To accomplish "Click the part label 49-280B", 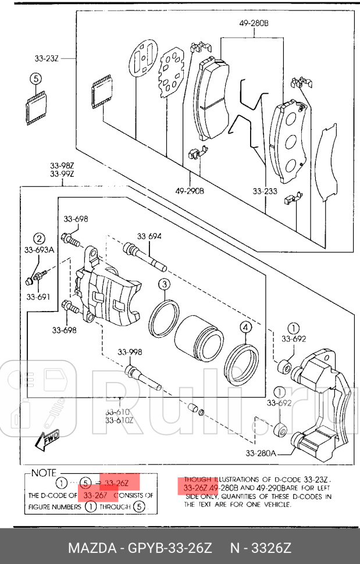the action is pyautogui.click(x=254, y=24).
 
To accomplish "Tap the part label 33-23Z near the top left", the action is pyautogui.click(x=47, y=58).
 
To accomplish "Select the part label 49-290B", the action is pyautogui.click(x=190, y=191).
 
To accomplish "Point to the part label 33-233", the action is pyautogui.click(x=265, y=191).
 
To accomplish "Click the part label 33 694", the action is pyautogui.click(x=149, y=236).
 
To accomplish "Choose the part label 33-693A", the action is pyautogui.click(x=39, y=249).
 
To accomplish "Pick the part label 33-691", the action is pyautogui.click(x=38, y=297).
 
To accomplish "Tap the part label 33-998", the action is pyautogui.click(x=130, y=352).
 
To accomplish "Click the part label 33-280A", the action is pyautogui.click(x=261, y=453).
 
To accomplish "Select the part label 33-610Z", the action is pyautogui.click(x=119, y=420).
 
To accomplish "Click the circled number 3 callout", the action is pyautogui.click(x=165, y=284).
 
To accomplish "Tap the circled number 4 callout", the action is pyautogui.click(x=246, y=328).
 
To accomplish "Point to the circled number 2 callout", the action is pyautogui.click(x=39, y=238).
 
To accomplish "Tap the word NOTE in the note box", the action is pyautogui.click(x=44, y=473).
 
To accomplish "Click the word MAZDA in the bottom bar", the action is pyautogui.click(x=92, y=548).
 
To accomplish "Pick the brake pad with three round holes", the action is pyautogui.click(x=289, y=142).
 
